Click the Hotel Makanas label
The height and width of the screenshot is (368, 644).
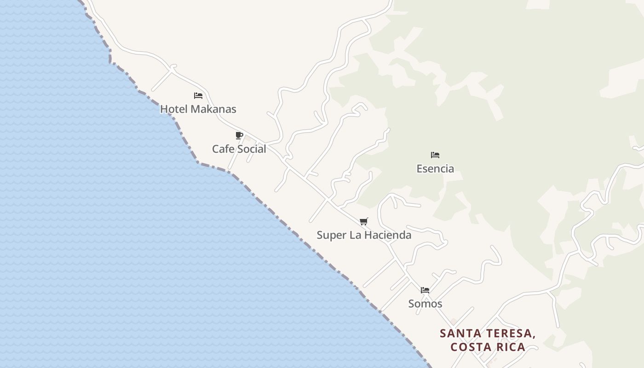(x=198, y=109)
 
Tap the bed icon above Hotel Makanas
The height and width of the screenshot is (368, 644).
(x=198, y=96)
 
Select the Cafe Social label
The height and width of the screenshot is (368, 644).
(x=239, y=149)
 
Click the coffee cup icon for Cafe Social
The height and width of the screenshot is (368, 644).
(x=239, y=135)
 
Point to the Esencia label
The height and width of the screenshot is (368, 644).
(x=435, y=168)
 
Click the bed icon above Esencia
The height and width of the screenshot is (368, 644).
(x=435, y=155)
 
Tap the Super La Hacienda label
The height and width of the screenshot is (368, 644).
(x=364, y=235)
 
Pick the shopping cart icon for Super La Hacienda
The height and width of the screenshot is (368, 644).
(x=364, y=222)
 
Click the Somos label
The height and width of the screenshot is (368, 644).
(x=425, y=304)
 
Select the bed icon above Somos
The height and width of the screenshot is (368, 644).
(x=425, y=290)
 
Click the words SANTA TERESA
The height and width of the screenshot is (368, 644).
(x=488, y=333)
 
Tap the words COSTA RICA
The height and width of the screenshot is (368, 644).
(x=488, y=347)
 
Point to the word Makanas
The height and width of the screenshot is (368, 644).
(x=213, y=109)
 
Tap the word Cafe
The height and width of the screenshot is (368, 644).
(x=222, y=149)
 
